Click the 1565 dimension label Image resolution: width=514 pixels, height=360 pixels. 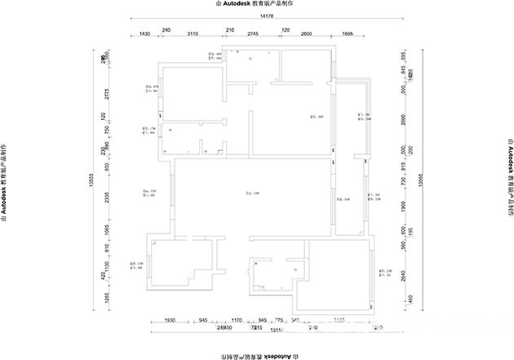[104, 233]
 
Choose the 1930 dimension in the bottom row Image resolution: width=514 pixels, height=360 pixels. [171, 321]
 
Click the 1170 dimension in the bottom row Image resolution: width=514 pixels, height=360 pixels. [237, 321]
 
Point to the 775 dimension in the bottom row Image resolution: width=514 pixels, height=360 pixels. [278, 321]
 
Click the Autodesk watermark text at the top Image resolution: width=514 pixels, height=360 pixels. [255, 4]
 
